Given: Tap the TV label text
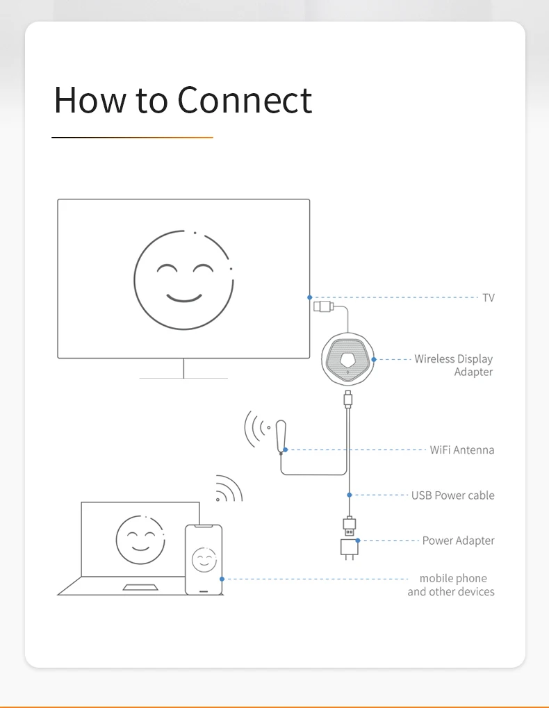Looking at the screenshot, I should point(489,297).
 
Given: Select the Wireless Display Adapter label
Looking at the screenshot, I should point(454,365).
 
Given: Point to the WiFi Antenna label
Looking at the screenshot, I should point(462,450).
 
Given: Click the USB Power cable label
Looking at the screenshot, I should point(453,495).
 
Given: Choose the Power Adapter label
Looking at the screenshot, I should point(459,541).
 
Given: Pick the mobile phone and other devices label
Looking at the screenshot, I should point(452,585).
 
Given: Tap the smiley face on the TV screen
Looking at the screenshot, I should point(183,279).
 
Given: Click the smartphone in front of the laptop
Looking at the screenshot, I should point(204,559).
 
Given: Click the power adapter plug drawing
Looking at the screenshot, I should point(348,548).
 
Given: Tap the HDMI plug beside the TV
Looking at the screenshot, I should point(323,306).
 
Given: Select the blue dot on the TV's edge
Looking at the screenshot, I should point(310,297).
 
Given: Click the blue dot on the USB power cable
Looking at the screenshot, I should point(350,495).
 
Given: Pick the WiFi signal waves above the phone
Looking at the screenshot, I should point(228,489).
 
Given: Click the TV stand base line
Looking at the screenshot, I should point(183,378).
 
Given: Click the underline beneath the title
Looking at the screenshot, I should point(132,138).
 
